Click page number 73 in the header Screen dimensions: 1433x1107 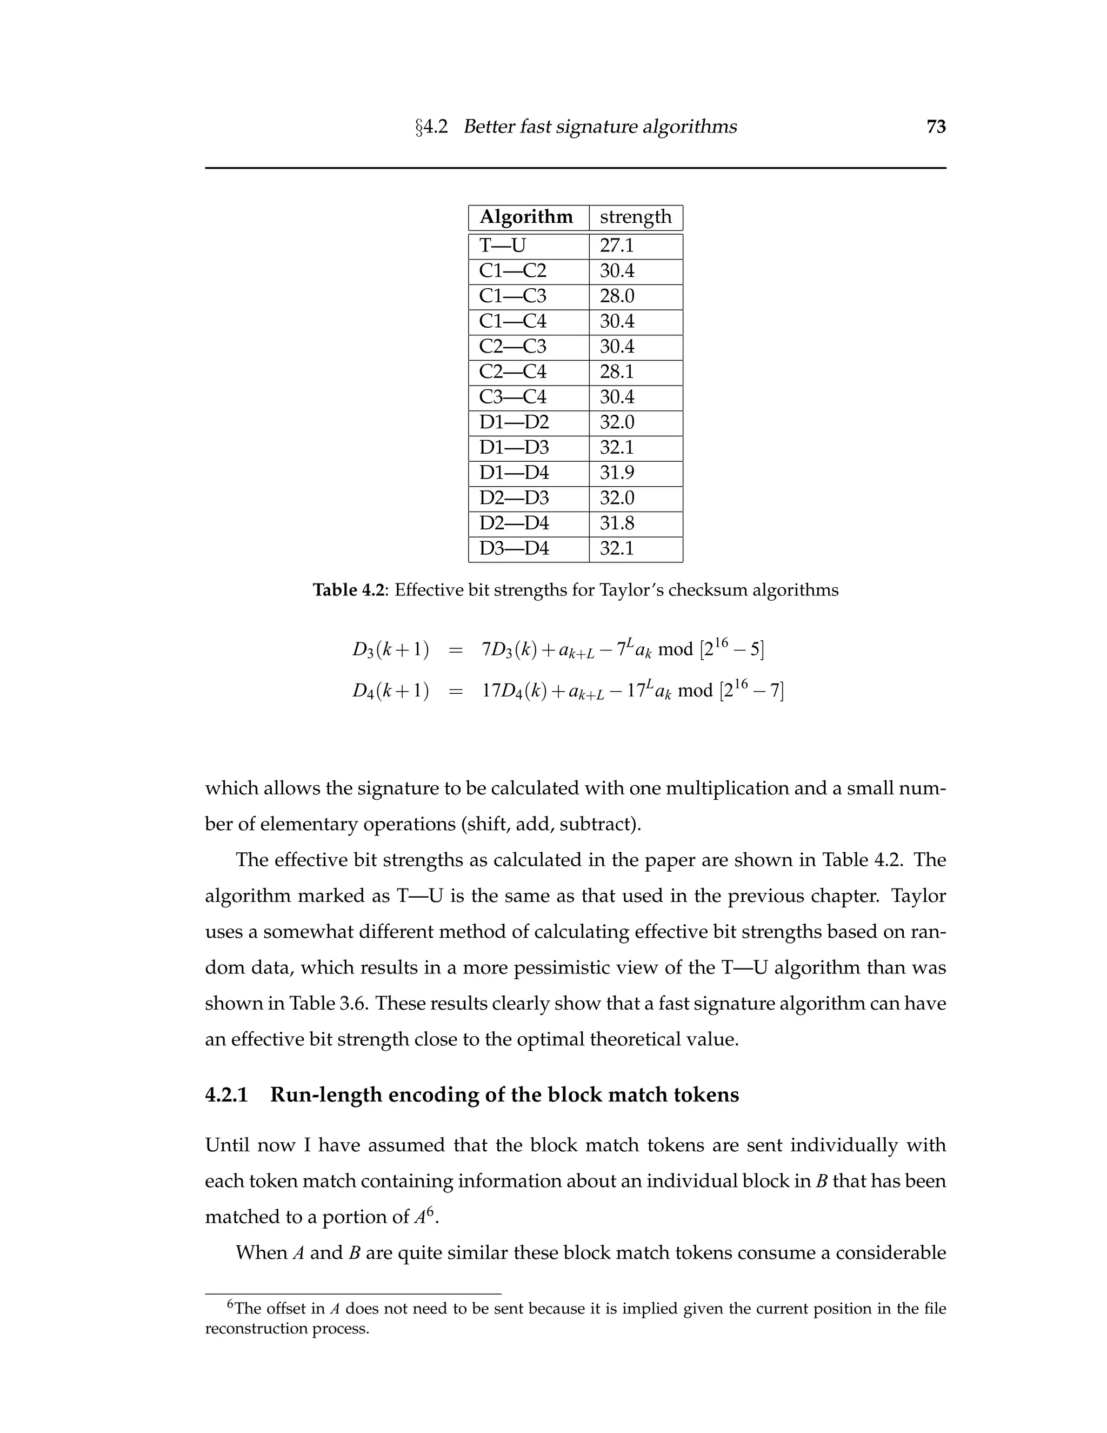pos(936,127)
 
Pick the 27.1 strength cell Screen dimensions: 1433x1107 pos(616,246)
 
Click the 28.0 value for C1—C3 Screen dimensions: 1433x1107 pos(616,296)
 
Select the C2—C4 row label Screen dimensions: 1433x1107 pos(512,371)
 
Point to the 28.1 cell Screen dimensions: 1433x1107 pos(616,371)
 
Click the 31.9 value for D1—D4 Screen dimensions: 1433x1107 pos(616,473)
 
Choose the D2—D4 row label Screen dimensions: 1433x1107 pos(514,523)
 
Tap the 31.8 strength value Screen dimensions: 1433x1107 pos(616,523)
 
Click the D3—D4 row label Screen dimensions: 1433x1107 pos(514,548)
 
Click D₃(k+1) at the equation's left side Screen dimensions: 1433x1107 pos(391,649)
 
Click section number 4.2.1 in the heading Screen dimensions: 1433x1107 pos(227,1095)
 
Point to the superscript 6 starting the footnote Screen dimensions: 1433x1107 pos(230,1304)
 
